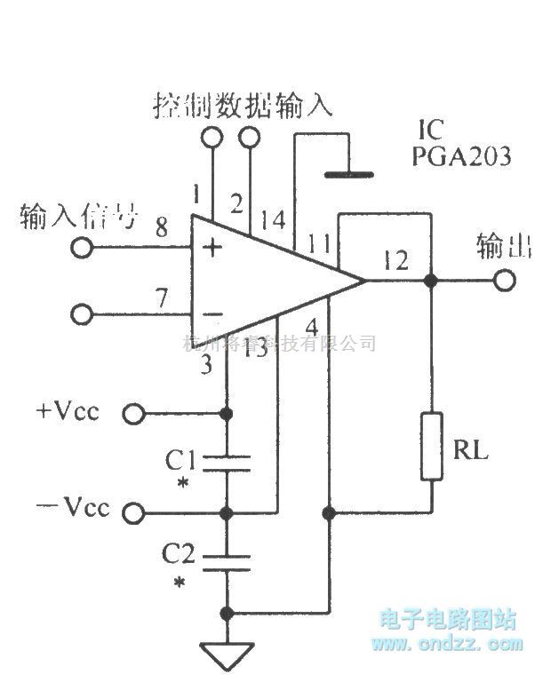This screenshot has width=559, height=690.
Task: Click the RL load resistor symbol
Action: click(431, 447)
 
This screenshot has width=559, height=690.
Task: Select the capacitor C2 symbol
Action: click(227, 561)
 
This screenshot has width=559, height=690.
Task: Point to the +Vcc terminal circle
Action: click(134, 414)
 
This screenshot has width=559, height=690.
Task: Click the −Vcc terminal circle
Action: click(134, 513)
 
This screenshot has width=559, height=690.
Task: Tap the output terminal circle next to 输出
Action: click(506, 282)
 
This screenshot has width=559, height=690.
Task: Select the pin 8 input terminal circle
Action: click(82, 249)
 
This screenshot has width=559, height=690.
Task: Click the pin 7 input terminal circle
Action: click(82, 313)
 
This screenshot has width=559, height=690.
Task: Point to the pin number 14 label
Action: click(274, 218)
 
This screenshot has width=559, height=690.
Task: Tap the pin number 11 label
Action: click(318, 243)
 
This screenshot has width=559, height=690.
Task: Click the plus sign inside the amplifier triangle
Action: click(211, 249)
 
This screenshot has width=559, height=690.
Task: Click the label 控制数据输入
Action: click(243, 107)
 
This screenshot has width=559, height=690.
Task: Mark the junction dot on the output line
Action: click(431, 282)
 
